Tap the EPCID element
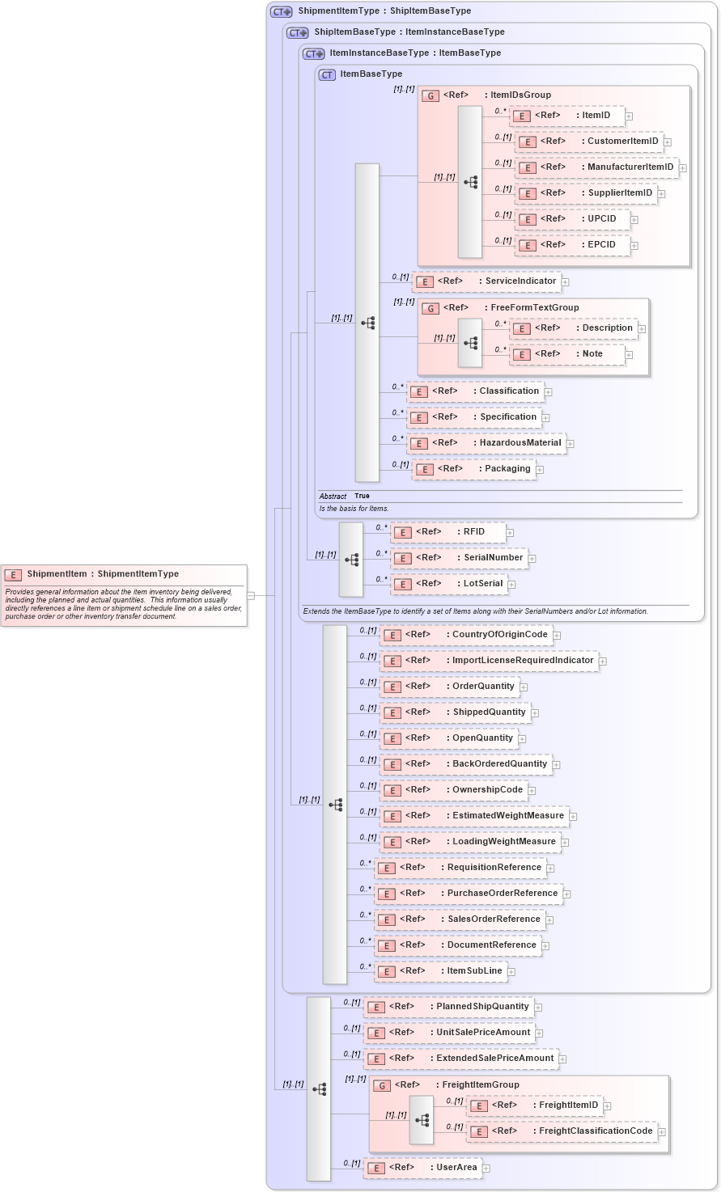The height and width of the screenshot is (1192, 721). tap(573, 245)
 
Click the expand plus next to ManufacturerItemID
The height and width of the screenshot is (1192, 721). tap(683, 168)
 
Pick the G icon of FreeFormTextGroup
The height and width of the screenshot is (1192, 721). tap(431, 308)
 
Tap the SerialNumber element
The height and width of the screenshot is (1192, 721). tap(460, 558)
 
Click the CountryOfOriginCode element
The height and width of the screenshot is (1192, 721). tap(467, 635)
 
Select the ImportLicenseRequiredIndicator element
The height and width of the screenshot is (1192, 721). tap(490, 661)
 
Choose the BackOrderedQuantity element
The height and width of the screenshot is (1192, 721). tap(467, 764)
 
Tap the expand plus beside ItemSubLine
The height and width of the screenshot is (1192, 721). tap(511, 972)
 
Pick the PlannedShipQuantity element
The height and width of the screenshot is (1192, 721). tap(449, 1007)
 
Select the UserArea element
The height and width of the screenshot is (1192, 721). tap(423, 1168)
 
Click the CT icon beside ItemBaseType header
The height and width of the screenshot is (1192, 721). tap(327, 74)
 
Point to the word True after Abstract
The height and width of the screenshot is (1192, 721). tap(362, 496)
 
